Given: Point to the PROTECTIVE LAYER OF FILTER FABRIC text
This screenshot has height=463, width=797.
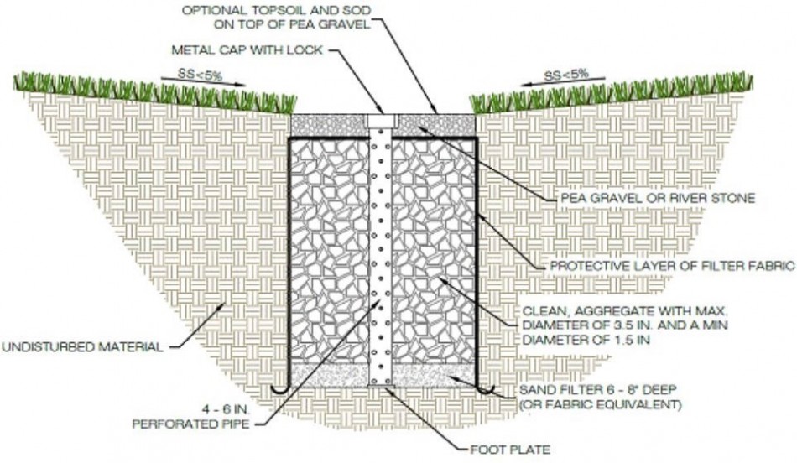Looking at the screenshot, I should (x=671, y=267).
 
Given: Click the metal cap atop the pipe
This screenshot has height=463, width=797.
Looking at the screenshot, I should (x=383, y=119).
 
